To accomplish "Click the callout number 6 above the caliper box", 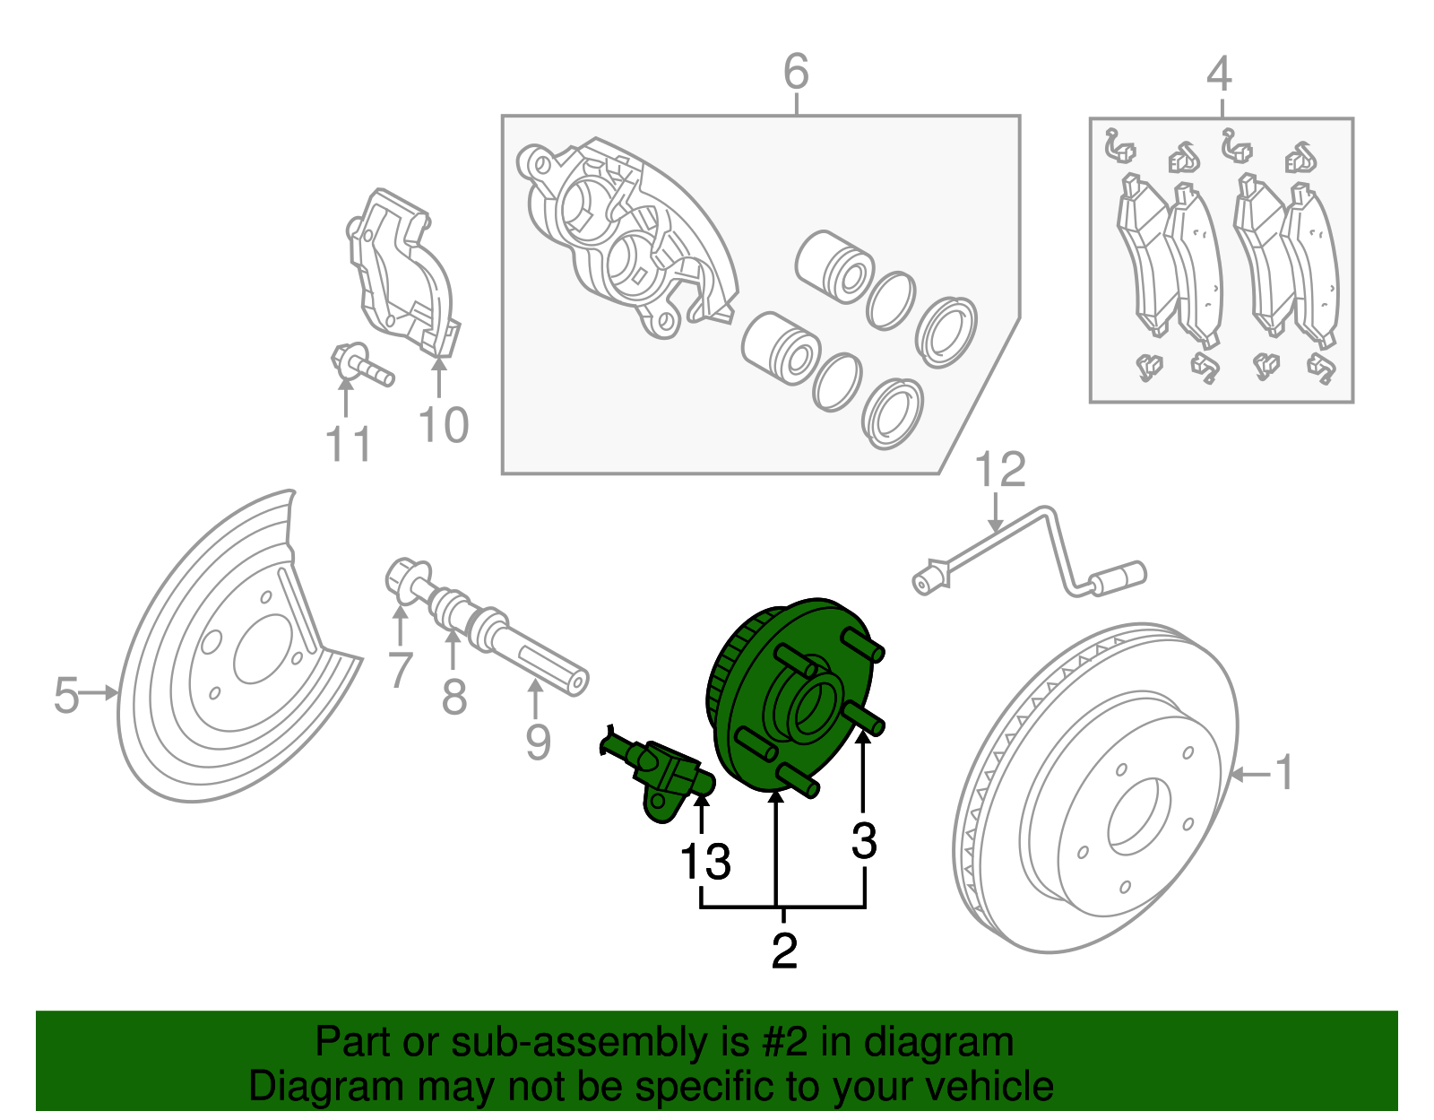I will (796, 71).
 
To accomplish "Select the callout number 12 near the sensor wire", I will (999, 471).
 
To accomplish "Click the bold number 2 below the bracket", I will (784, 951).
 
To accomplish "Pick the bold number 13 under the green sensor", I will (705, 862).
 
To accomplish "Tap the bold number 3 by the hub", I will (864, 841).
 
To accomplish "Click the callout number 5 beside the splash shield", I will (66, 695).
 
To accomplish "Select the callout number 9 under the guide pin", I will (538, 742).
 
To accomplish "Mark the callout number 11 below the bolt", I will (348, 444).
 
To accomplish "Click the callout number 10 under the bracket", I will (444, 425).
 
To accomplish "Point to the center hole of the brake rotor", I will (1139, 815).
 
